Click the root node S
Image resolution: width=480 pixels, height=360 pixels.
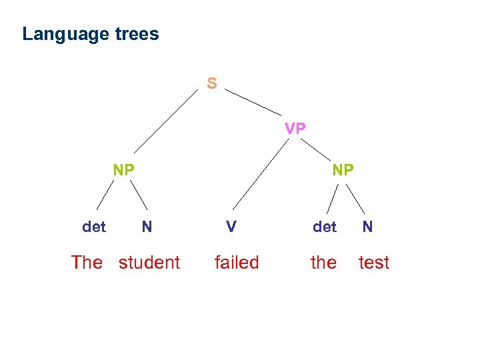coord(211,83)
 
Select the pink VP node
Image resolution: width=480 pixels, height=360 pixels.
coord(295,128)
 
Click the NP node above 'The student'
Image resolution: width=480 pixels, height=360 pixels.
coord(123,170)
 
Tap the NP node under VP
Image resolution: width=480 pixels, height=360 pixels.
coord(343,170)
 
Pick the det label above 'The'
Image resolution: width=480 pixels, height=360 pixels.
coord(94,227)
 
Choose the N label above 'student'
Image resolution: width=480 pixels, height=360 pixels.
coord(147,227)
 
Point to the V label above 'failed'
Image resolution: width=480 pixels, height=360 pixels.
coord(231,227)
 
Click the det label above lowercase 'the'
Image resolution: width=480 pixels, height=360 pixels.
coord(325,227)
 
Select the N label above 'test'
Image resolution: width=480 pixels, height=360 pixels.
coord(367,227)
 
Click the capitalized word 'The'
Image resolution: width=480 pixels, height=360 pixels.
coord(87,263)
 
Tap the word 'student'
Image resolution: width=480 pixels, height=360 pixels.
coord(149,263)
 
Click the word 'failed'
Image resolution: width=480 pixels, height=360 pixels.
coord(236,263)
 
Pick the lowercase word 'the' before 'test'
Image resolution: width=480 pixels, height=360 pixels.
coord(323,263)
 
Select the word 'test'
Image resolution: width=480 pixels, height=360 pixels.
coord(373,263)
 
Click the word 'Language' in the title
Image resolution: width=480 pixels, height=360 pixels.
coord(65,34)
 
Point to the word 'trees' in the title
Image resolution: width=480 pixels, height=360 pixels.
coord(136,34)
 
